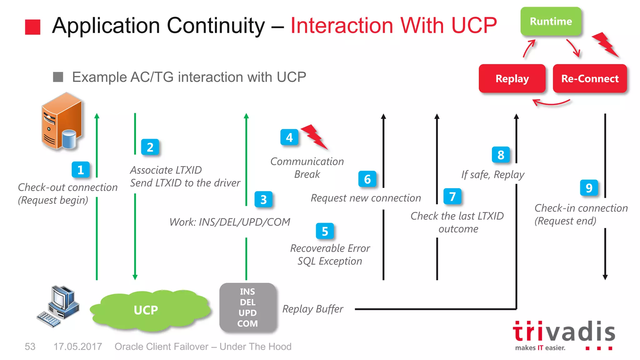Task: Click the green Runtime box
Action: pyautogui.click(x=551, y=21)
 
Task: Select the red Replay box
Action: pyautogui.click(x=512, y=78)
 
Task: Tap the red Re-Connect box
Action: pyautogui.click(x=590, y=78)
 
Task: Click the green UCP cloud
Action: pyautogui.click(x=146, y=310)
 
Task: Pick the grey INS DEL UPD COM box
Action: pyautogui.click(x=247, y=307)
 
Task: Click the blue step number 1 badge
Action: pyautogui.click(x=81, y=170)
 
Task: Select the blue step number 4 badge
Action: pyautogui.click(x=289, y=137)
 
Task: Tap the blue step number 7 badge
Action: pyautogui.click(x=452, y=197)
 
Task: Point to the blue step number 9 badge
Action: pyautogui.click(x=589, y=188)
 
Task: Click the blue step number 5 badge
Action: pyautogui.click(x=325, y=231)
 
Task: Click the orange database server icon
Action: pyautogui.click(x=62, y=121)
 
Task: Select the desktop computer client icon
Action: pyautogui.click(x=59, y=306)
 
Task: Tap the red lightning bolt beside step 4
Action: pyautogui.click(x=314, y=136)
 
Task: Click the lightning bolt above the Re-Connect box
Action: pyautogui.click(x=605, y=45)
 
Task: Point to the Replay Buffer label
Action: pyautogui.click(x=312, y=309)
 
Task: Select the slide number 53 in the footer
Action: pyautogui.click(x=30, y=347)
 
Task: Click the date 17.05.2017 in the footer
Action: pyautogui.click(x=77, y=347)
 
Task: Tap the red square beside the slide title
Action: pyautogui.click(x=33, y=27)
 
